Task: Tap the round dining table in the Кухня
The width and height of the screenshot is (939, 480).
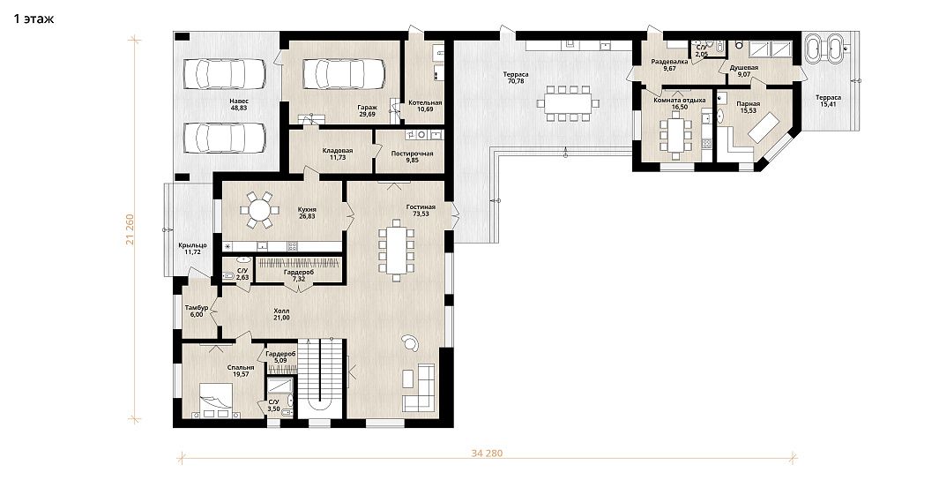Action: [x=259, y=210]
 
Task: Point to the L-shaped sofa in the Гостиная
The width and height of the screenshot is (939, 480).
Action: [x=419, y=387]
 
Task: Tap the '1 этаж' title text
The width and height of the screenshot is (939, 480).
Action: [x=34, y=19]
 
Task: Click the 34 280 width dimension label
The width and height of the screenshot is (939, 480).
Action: [x=488, y=453]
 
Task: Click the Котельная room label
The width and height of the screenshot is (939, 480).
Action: [x=425, y=102]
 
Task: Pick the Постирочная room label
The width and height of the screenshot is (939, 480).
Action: [x=412, y=154]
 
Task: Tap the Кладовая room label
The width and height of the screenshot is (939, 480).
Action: [x=337, y=150]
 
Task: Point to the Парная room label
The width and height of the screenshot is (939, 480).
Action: [x=748, y=103]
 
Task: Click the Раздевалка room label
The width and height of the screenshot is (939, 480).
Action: [x=669, y=62]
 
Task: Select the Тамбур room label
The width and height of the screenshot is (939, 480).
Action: [x=197, y=307]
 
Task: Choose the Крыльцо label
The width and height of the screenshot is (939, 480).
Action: [x=192, y=245]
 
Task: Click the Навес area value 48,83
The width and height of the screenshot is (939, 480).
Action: [x=238, y=109]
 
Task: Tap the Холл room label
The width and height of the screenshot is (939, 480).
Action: [x=281, y=311]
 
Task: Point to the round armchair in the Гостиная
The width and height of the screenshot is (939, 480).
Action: [x=410, y=342]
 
